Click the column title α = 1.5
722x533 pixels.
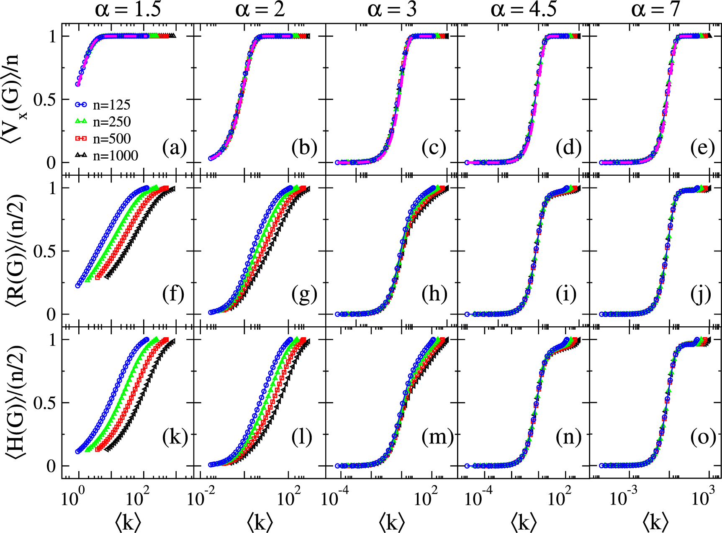click(x=128, y=9)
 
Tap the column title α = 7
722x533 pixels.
click(x=655, y=9)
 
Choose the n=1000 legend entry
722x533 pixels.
click(x=106, y=156)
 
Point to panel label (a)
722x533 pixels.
click(x=174, y=148)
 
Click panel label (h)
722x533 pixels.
click(x=434, y=294)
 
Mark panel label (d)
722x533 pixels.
click(x=568, y=148)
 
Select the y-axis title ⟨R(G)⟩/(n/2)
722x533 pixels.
click(x=16, y=250)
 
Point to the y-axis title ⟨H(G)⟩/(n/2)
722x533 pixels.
click(x=16, y=402)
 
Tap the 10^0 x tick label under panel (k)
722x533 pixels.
click(x=72, y=498)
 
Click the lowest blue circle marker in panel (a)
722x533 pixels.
click(x=78, y=84)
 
